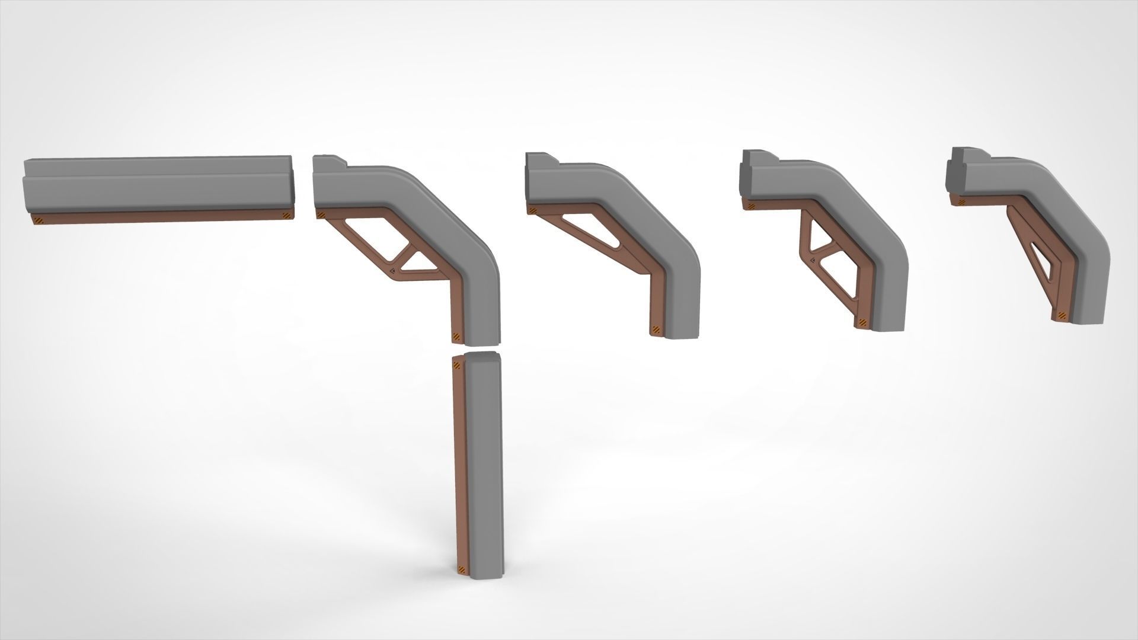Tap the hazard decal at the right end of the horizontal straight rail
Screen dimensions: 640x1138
286,216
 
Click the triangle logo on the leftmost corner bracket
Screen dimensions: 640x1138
394,271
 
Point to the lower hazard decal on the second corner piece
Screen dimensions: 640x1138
656,329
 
